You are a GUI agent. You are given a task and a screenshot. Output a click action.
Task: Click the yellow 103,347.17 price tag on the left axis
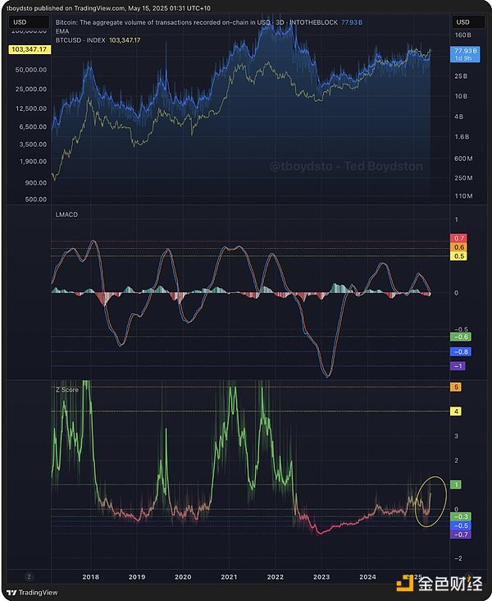[x=28, y=50]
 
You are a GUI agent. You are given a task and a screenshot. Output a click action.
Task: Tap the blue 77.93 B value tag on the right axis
[x=462, y=51]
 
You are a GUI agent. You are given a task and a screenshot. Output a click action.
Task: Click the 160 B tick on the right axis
[x=462, y=35]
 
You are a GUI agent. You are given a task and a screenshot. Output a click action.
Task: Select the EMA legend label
[x=62, y=31]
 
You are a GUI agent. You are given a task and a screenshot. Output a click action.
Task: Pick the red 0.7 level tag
[x=459, y=238]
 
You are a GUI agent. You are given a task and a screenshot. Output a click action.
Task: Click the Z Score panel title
[x=66, y=390]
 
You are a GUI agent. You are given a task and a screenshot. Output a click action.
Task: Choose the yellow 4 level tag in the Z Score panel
[x=457, y=411]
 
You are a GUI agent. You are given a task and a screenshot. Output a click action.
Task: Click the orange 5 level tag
[x=457, y=387]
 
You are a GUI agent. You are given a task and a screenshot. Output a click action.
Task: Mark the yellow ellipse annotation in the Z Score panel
[x=429, y=501]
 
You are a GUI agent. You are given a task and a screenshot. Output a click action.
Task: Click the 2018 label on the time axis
[x=91, y=576]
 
